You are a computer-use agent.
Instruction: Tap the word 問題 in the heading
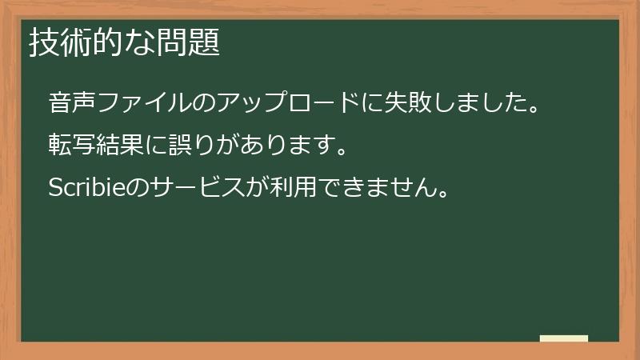coord(194,42)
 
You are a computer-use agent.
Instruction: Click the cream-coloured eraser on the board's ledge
coord(564,338)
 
